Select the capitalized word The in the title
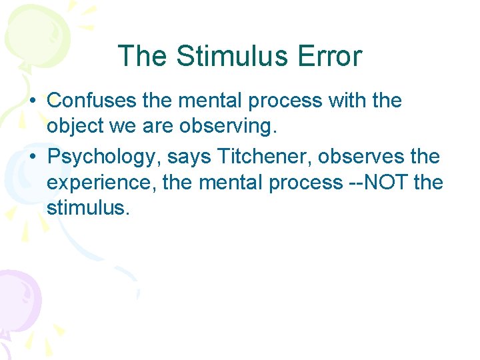(x=141, y=56)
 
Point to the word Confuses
(x=93, y=101)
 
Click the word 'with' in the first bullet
(x=350, y=101)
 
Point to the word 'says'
(x=192, y=157)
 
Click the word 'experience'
(x=100, y=182)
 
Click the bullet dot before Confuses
(x=33, y=101)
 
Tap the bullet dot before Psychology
(x=33, y=157)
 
